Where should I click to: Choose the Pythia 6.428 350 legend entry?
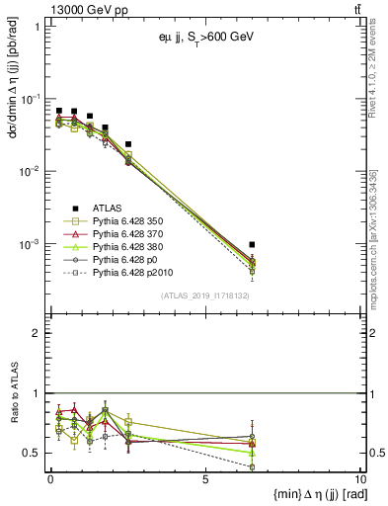click(129, 222)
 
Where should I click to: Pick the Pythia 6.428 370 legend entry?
click(129, 235)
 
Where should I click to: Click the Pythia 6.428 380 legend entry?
click(129, 248)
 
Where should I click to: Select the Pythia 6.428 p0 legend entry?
click(125, 261)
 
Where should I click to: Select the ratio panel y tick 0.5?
click(37, 453)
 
